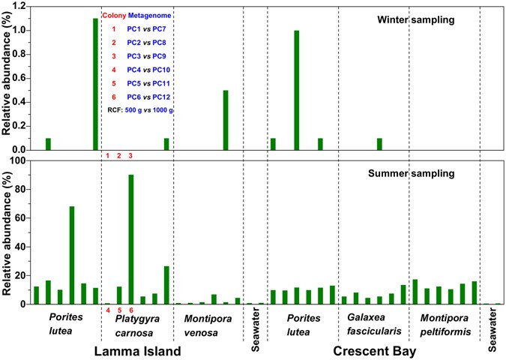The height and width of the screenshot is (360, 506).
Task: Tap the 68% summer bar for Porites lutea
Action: click(x=72, y=255)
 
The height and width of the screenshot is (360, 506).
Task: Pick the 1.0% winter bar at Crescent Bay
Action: click(x=297, y=90)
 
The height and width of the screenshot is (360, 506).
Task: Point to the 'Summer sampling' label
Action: click(x=412, y=173)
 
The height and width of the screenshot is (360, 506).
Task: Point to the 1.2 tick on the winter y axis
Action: click(x=18, y=6)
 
